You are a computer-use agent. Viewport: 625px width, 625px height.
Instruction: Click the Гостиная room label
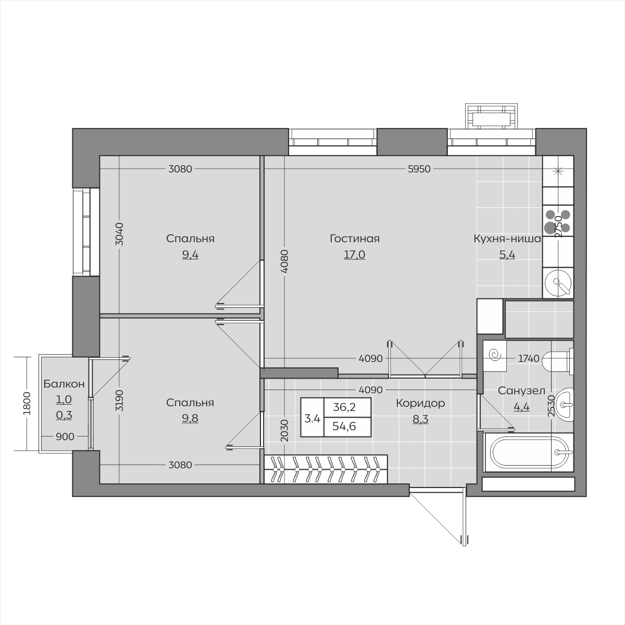tap(355, 239)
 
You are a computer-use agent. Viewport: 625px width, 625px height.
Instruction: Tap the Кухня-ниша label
tap(507, 239)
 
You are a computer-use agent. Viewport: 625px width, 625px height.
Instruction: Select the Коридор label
tap(420, 403)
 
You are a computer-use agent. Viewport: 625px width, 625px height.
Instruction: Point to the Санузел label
tap(521, 391)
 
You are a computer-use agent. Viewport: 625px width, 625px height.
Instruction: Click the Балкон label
tap(64, 384)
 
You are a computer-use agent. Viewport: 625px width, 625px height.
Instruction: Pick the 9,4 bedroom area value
tap(190, 255)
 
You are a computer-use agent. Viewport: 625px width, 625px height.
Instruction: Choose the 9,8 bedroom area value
tap(190, 418)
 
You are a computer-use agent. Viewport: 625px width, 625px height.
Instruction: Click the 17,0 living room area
tap(355, 255)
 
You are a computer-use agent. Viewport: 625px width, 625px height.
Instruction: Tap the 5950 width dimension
tap(419, 169)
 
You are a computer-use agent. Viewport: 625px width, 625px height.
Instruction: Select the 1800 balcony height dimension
tap(27, 403)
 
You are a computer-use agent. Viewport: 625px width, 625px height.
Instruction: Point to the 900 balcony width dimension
tap(65, 436)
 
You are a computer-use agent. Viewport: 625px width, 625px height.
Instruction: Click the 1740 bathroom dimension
tap(529, 358)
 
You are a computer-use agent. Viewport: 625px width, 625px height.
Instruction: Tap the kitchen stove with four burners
tap(558, 221)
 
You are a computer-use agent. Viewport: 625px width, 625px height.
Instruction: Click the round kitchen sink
tap(558, 283)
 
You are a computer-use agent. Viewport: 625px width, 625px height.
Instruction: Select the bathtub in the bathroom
tap(528, 452)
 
